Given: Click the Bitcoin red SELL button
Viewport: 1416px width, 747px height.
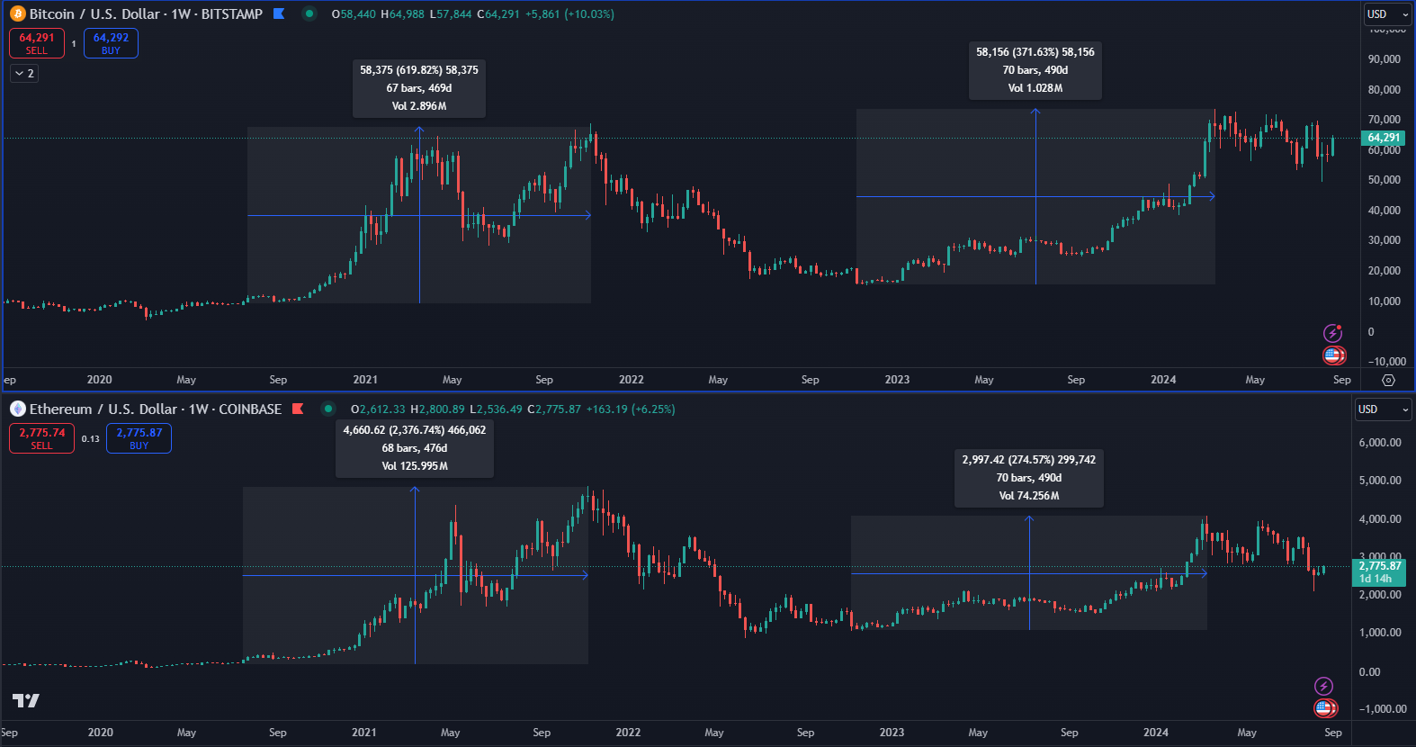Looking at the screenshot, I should tap(37, 43).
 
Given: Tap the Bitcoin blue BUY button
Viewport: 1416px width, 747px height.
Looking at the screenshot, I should tap(111, 43).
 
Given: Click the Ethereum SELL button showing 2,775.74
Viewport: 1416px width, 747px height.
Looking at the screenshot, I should tap(41, 438).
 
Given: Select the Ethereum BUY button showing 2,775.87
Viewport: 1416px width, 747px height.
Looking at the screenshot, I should tap(139, 438).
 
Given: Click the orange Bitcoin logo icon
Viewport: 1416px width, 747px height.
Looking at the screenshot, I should tap(17, 13).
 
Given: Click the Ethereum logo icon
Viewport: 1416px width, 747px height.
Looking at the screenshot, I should tap(17, 409).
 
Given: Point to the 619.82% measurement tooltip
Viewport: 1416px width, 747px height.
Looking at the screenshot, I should tap(419, 88).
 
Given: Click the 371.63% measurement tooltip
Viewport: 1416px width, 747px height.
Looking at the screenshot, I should tap(1035, 70).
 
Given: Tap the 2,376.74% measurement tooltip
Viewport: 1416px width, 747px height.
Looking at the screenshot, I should tap(414, 448).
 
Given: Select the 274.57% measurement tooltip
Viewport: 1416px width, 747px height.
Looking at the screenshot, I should tap(1028, 478).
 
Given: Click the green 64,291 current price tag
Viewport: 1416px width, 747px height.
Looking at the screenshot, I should tap(1383, 138).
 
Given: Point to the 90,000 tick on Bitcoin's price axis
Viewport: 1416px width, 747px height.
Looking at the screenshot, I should tap(1384, 59).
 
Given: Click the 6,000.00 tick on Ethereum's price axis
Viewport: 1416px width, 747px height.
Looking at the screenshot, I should tap(1380, 443).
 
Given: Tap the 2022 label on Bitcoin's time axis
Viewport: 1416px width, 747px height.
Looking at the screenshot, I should tap(631, 380).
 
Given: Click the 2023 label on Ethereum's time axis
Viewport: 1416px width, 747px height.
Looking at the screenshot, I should tap(892, 733).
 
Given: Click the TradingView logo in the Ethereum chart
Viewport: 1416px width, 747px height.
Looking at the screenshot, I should tap(26, 701).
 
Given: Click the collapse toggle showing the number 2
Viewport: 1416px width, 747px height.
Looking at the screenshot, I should tap(24, 74).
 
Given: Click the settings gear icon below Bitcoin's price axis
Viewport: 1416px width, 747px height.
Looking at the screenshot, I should tap(1388, 380).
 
